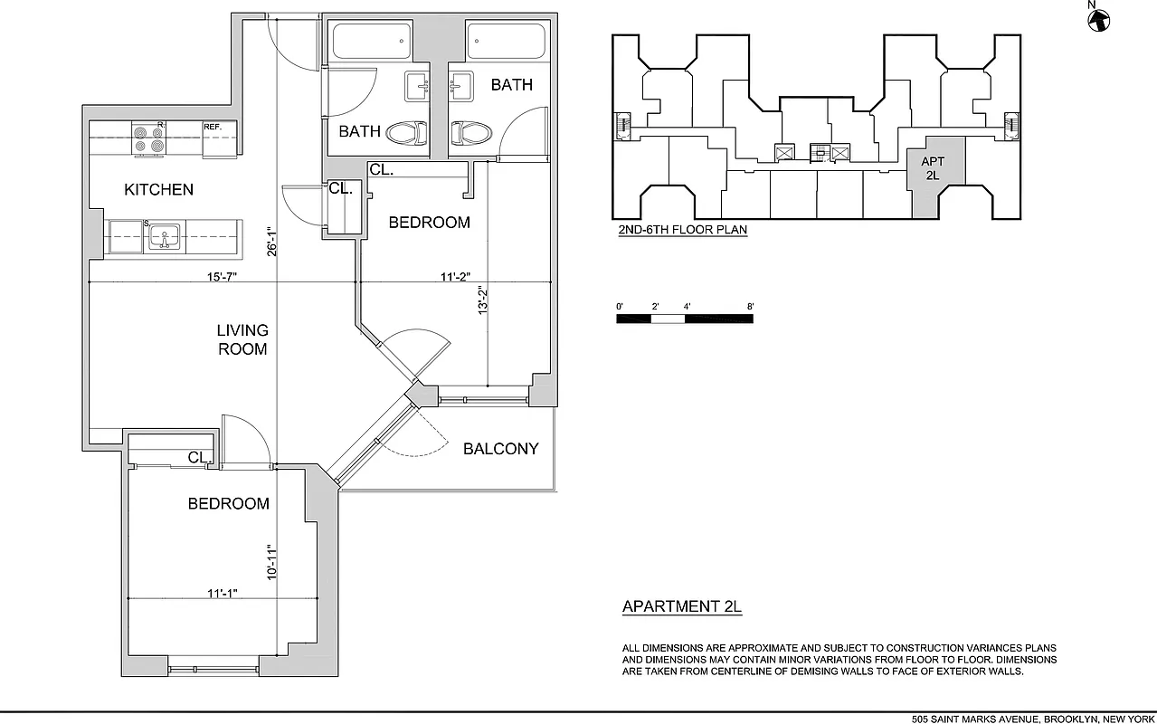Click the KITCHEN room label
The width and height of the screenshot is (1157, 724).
[158, 189]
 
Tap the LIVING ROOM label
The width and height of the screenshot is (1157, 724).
[242, 339]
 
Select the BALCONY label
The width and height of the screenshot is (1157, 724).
[500, 449]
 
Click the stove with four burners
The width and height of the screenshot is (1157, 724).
[148, 138]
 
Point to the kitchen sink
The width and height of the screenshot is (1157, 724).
[165, 237]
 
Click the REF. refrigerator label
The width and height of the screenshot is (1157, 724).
[213, 127]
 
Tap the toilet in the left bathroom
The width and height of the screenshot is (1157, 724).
[406, 134]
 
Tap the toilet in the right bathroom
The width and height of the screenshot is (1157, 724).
[470, 134]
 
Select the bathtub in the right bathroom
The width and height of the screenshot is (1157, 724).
[506, 42]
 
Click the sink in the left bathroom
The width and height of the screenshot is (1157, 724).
[418, 86]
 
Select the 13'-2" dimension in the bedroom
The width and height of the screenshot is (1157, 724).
[484, 300]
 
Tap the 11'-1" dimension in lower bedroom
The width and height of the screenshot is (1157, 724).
[222, 594]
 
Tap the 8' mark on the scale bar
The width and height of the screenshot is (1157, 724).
[750, 307]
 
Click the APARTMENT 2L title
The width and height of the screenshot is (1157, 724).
[681, 607]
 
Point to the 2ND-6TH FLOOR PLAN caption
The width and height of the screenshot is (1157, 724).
[682, 230]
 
